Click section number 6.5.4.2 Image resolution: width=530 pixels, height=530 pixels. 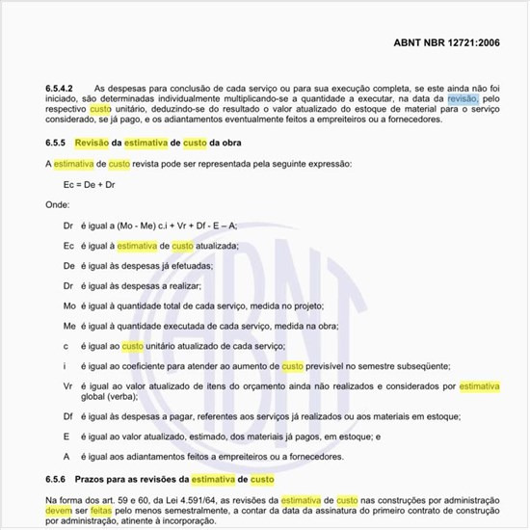tap(62, 87)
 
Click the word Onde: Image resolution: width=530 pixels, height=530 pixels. tap(59, 204)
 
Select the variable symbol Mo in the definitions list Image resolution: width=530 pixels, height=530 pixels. tap(68, 305)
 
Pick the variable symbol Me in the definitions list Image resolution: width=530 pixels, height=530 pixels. tap(68, 326)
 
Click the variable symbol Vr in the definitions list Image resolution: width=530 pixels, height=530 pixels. tap(67, 385)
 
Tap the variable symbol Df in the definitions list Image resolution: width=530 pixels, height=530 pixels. tap(67, 416)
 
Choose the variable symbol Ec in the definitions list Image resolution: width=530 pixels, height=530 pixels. tap(68, 246)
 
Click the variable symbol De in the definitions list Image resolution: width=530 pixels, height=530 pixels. tap(68, 265)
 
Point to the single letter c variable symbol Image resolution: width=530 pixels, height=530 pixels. tap(66, 345)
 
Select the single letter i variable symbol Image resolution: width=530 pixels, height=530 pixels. tap(65, 366)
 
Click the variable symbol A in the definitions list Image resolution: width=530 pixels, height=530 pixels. tap(66, 457)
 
